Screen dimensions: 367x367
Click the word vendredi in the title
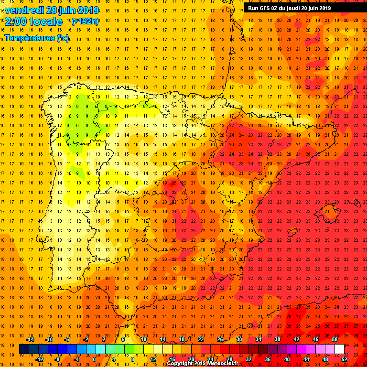22,10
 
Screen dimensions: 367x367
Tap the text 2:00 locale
33,22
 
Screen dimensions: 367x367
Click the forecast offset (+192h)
85,21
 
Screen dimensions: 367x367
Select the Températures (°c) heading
37,37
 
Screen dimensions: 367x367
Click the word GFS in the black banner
265,8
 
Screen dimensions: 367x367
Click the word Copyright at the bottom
181,364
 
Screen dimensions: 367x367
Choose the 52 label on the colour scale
345,359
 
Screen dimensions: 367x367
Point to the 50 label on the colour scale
335,339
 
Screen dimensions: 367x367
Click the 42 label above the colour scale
296,339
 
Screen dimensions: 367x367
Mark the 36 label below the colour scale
268,359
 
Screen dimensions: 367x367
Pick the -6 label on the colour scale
67,339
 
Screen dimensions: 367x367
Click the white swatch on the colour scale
339,349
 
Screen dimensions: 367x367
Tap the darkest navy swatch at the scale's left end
24,349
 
